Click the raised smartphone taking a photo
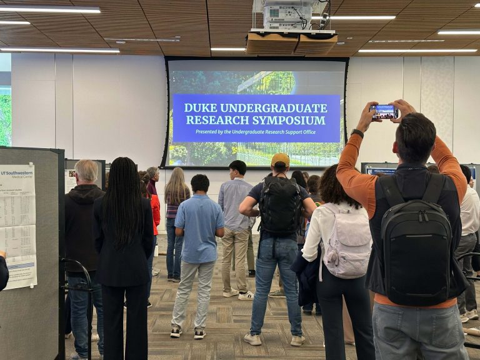[384, 111]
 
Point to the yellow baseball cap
[280, 160]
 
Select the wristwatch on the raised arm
[357, 133]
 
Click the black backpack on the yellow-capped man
[280, 206]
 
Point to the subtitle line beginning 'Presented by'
[256, 131]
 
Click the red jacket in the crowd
[155, 212]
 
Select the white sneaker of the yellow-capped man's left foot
[252, 338]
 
